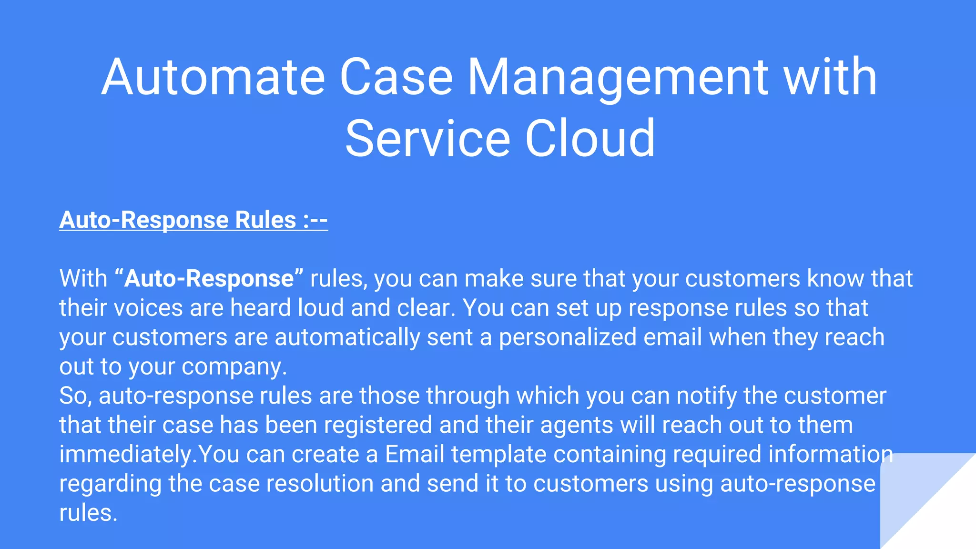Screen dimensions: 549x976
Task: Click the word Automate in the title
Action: tap(213, 77)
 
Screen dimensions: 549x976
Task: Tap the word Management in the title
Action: tap(618, 77)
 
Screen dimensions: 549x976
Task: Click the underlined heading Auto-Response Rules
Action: tap(193, 220)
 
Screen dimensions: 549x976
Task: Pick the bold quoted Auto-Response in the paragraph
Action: tap(209, 278)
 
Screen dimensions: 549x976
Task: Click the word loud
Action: tap(321, 308)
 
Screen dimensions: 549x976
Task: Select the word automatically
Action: tap(347, 337)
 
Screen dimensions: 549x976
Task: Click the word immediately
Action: tap(127, 455)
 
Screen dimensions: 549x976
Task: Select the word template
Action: tap(498, 455)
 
